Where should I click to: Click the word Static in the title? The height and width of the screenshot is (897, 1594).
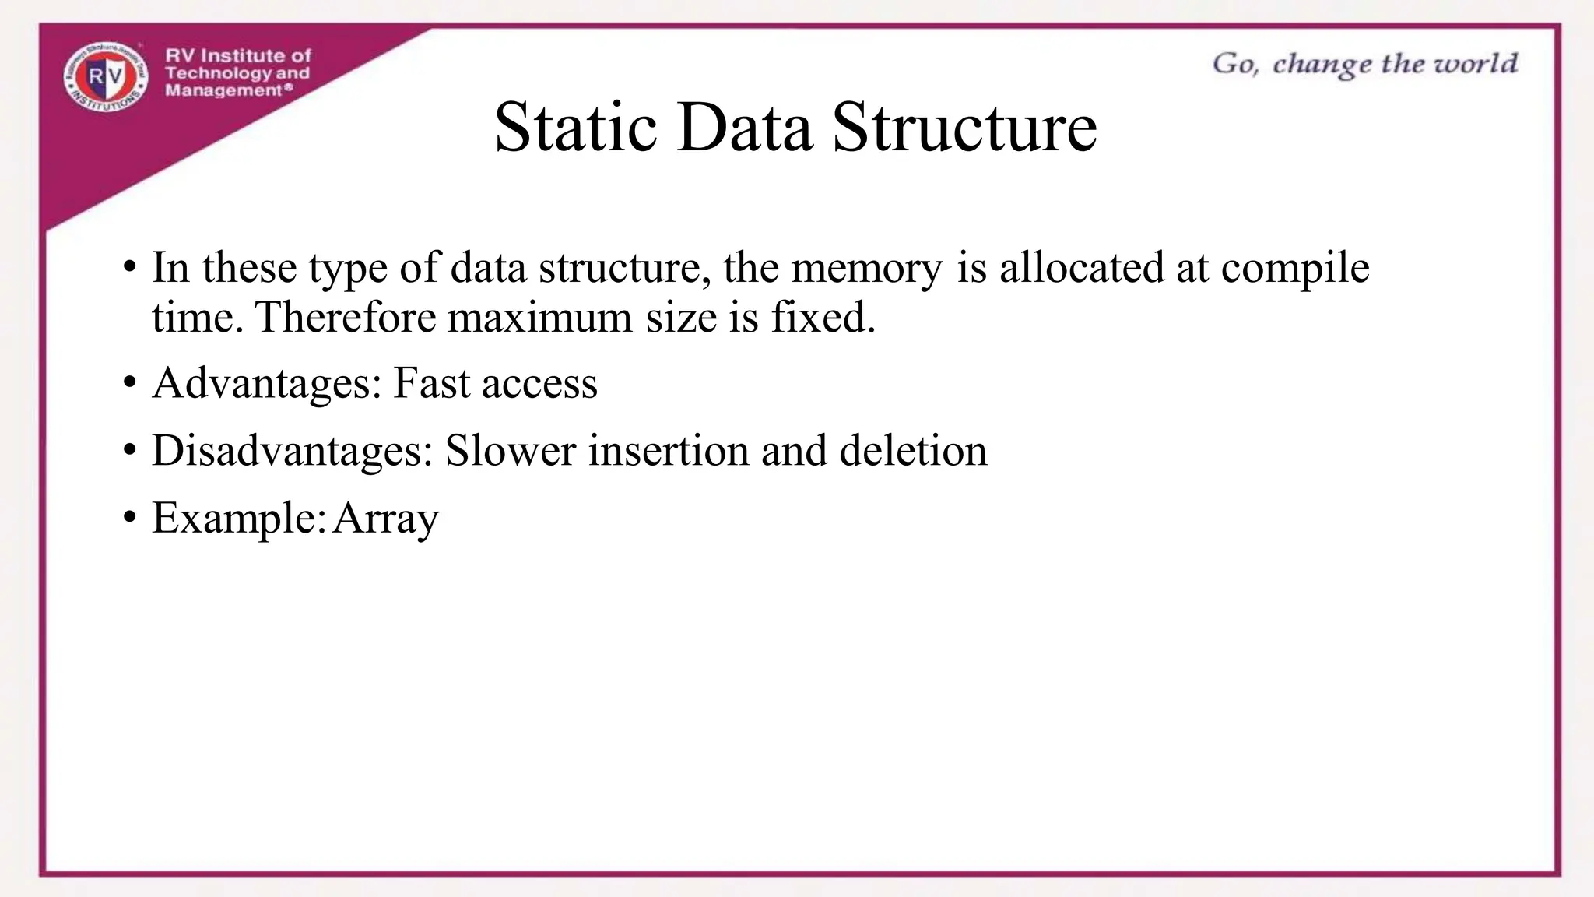[x=575, y=128]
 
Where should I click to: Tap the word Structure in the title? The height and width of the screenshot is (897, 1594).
[x=964, y=128]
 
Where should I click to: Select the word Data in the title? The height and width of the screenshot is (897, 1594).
[x=745, y=128]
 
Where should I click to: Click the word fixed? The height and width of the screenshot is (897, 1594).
[x=823, y=318]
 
